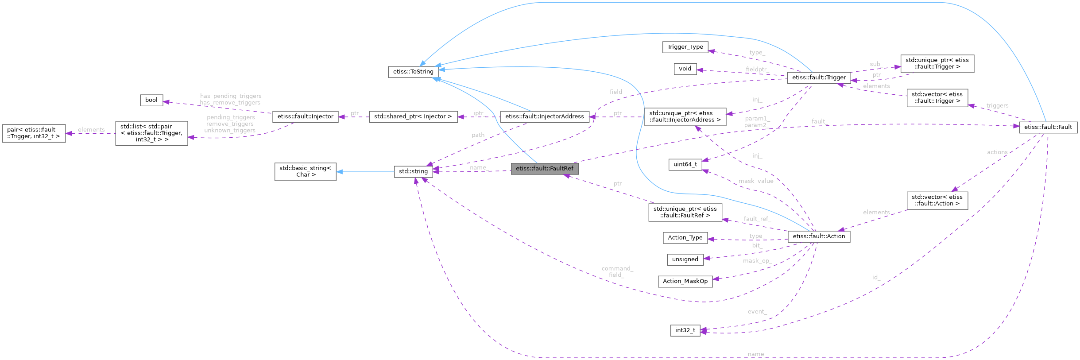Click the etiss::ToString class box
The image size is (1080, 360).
[x=413, y=72]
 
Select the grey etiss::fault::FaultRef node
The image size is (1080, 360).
[x=544, y=169]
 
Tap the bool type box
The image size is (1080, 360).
[x=151, y=100]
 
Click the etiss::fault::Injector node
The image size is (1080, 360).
[x=305, y=116]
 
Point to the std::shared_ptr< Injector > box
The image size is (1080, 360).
[x=413, y=116]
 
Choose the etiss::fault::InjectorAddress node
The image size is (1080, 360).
[x=544, y=116]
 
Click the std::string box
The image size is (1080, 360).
[x=413, y=171]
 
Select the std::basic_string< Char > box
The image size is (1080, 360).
[x=305, y=171]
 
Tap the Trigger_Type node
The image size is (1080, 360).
[x=685, y=47]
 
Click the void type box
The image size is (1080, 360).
[x=685, y=69]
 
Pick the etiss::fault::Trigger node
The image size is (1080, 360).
[x=819, y=77]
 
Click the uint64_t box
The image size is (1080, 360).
[x=685, y=164]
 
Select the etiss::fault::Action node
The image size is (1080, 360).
[x=819, y=236]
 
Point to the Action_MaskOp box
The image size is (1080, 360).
[x=685, y=281]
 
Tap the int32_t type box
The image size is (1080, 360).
[x=685, y=330]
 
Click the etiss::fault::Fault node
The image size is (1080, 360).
[x=1048, y=127]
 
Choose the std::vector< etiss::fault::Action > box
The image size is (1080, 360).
[x=937, y=201]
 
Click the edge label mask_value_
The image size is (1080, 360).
[x=757, y=181]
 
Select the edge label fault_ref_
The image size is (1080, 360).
[x=757, y=219]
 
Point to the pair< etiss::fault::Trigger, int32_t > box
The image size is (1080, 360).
[x=34, y=133]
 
